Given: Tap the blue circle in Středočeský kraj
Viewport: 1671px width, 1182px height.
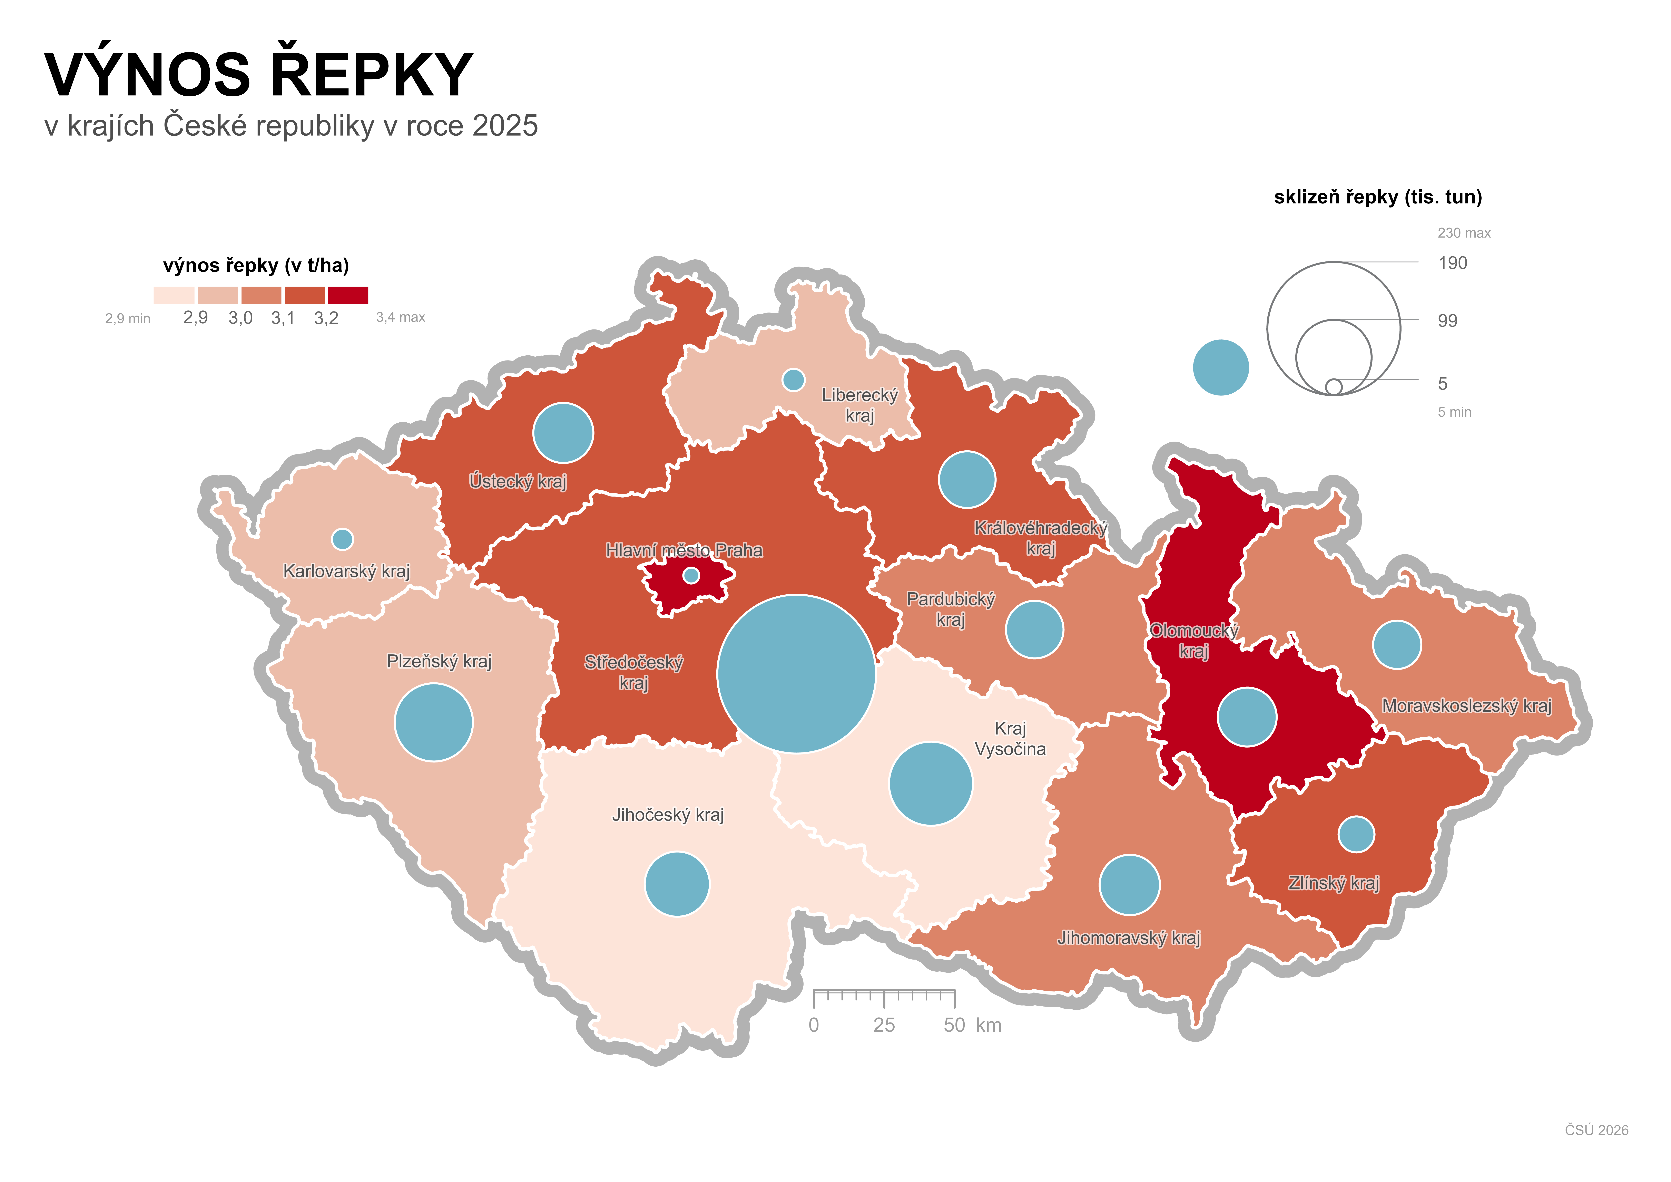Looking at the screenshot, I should [x=796, y=674].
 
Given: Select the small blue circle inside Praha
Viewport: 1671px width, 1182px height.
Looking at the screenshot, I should [x=691, y=575].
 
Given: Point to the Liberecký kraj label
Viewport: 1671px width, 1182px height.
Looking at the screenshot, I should [x=859, y=405].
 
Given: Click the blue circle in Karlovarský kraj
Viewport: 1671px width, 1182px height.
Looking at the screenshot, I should [x=342, y=539].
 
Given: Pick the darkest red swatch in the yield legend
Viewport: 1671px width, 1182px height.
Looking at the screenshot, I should [x=348, y=295].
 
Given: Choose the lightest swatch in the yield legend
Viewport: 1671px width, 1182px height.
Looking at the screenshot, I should [x=174, y=295].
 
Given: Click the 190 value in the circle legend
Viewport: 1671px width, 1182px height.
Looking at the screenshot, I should [x=1453, y=263].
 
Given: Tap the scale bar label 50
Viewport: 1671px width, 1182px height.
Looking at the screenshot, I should [x=954, y=1025].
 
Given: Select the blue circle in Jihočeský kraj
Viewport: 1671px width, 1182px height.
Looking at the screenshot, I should [x=677, y=883].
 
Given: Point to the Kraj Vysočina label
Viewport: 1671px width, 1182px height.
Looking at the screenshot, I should [x=1010, y=739].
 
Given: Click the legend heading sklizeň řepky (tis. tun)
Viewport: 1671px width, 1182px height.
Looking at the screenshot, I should [x=1378, y=197].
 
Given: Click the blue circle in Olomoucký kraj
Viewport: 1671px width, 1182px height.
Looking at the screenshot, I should [x=1247, y=717].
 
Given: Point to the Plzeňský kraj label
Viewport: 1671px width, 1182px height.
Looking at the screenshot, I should [x=439, y=661].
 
